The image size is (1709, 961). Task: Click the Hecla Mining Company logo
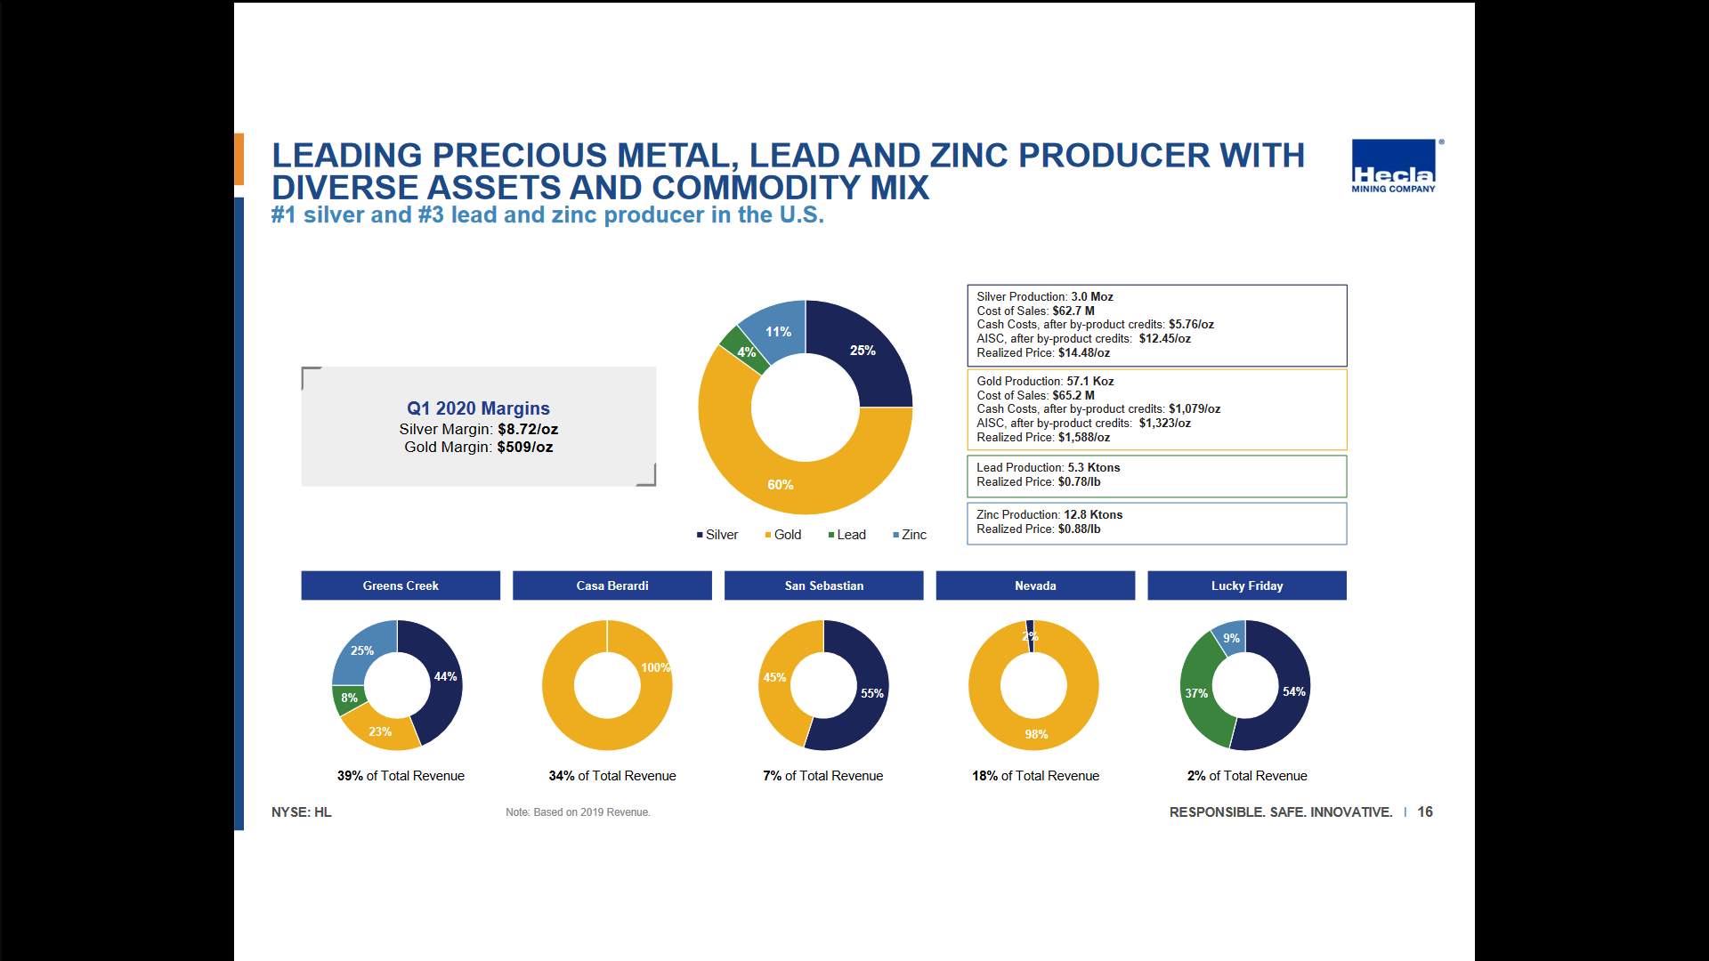click(1394, 166)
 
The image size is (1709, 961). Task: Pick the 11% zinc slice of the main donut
click(776, 330)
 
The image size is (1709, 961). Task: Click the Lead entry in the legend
click(846, 535)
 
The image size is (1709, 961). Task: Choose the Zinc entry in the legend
click(910, 535)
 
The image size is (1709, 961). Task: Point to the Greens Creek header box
click(401, 585)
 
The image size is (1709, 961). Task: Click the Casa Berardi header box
click(612, 585)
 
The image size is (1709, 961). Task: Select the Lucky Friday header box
click(1246, 585)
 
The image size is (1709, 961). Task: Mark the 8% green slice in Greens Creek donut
click(348, 699)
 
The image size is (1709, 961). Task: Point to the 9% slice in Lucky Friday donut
click(1231, 637)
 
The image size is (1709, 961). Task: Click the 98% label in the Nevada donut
click(1036, 734)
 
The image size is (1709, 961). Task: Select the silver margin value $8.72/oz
click(528, 429)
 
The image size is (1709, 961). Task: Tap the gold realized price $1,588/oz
click(1084, 438)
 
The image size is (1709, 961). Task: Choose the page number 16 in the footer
click(1425, 812)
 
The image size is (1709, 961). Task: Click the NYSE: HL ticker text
click(301, 812)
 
